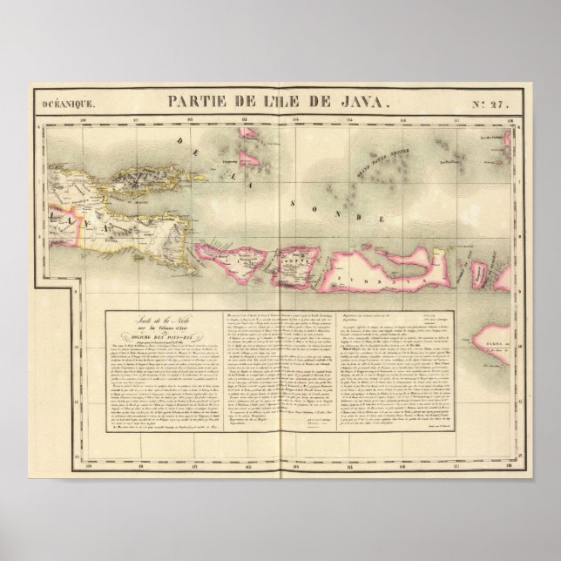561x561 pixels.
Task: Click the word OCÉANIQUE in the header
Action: click(x=65, y=104)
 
